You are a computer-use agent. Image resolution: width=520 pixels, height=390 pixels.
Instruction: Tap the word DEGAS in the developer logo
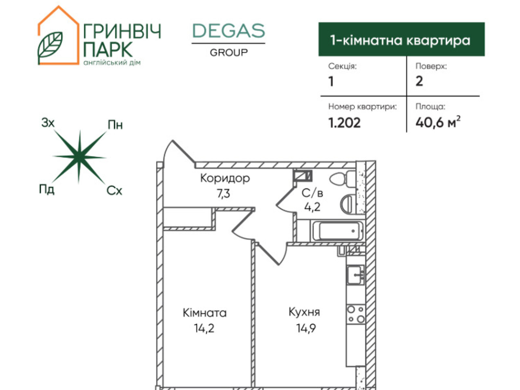[228, 31]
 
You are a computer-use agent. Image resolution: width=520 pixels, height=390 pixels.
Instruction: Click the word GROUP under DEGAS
[228, 52]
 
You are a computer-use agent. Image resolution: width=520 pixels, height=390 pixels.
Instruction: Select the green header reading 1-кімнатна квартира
[401, 39]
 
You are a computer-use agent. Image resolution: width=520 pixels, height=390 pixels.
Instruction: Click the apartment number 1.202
[344, 123]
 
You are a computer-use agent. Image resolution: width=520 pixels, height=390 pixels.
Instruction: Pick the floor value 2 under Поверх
[419, 81]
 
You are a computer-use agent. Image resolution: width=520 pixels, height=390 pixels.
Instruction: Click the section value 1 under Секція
[331, 81]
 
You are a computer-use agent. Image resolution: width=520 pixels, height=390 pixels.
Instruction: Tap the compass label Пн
[115, 125]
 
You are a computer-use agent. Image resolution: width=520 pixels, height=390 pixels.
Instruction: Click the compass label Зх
[48, 123]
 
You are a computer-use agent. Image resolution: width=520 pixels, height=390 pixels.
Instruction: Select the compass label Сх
[114, 191]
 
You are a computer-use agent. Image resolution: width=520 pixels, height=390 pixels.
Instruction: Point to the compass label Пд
[46, 189]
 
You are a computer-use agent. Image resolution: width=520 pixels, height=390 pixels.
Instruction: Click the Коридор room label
[225, 178]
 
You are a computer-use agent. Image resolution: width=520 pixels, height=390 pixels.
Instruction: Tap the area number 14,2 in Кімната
[204, 328]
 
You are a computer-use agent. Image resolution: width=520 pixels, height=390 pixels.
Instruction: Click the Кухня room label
[304, 312]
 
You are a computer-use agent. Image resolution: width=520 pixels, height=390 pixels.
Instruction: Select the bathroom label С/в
[312, 193]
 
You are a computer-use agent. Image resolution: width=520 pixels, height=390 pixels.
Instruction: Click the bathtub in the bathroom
[338, 231]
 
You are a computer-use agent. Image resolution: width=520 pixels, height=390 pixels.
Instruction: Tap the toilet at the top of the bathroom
[341, 178]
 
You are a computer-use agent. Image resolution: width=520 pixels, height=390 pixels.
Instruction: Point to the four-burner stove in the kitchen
[356, 314]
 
